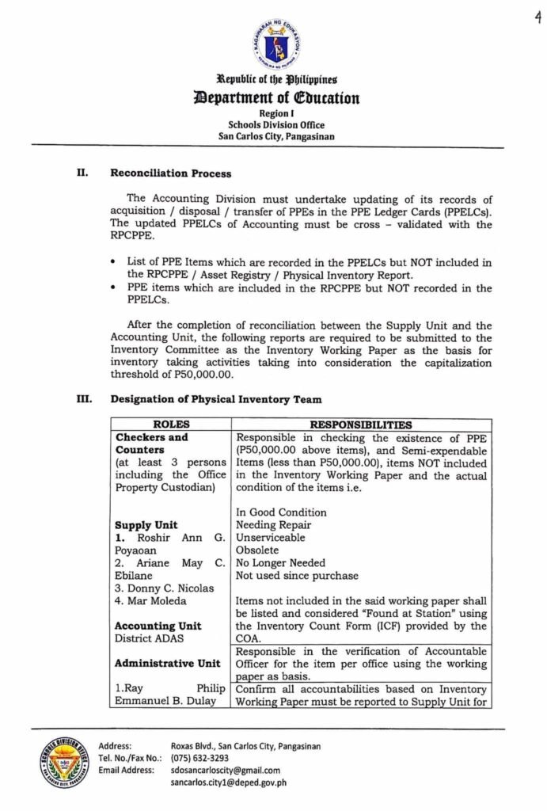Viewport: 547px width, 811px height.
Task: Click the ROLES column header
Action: [x=171, y=425]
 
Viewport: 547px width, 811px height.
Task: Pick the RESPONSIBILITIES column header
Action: [x=360, y=425]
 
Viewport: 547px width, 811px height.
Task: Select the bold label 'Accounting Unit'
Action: [x=158, y=626]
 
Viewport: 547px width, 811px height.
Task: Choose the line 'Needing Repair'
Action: [x=274, y=524]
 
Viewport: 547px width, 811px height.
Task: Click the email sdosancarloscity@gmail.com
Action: [x=226, y=770]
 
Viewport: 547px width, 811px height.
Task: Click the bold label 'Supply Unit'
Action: [x=146, y=525]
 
